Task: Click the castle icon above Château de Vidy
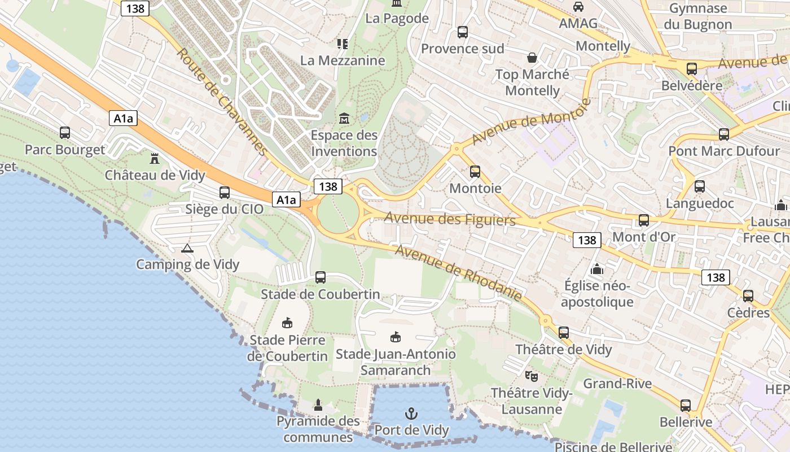pyautogui.click(x=155, y=158)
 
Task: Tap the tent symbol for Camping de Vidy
pyautogui.click(x=187, y=248)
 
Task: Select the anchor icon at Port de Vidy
pyautogui.click(x=411, y=414)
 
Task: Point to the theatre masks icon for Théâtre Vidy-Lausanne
pyautogui.click(x=531, y=376)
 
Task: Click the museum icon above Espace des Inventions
pyautogui.click(x=344, y=119)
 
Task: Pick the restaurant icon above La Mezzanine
pyautogui.click(x=342, y=44)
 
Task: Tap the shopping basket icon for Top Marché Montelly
pyautogui.click(x=532, y=58)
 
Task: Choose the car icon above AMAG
pyautogui.click(x=578, y=7)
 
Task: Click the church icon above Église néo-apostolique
pyautogui.click(x=597, y=270)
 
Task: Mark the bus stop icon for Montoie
pyautogui.click(x=475, y=171)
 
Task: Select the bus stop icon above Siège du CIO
pyautogui.click(x=225, y=193)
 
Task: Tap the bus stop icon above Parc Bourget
pyautogui.click(x=65, y=133)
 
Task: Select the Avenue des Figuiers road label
pyautogui.click(x=450, y=219)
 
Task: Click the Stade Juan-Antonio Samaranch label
pyautogui.click(x=396, y=362)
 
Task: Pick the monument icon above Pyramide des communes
pyautogui.click(x=318, y=405)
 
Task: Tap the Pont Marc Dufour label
pyautogui.click(x=723, y=151)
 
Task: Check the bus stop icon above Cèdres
pyautogui.click(x=748, y=296)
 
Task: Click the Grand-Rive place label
pyautogui.click(x=617, y=384)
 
